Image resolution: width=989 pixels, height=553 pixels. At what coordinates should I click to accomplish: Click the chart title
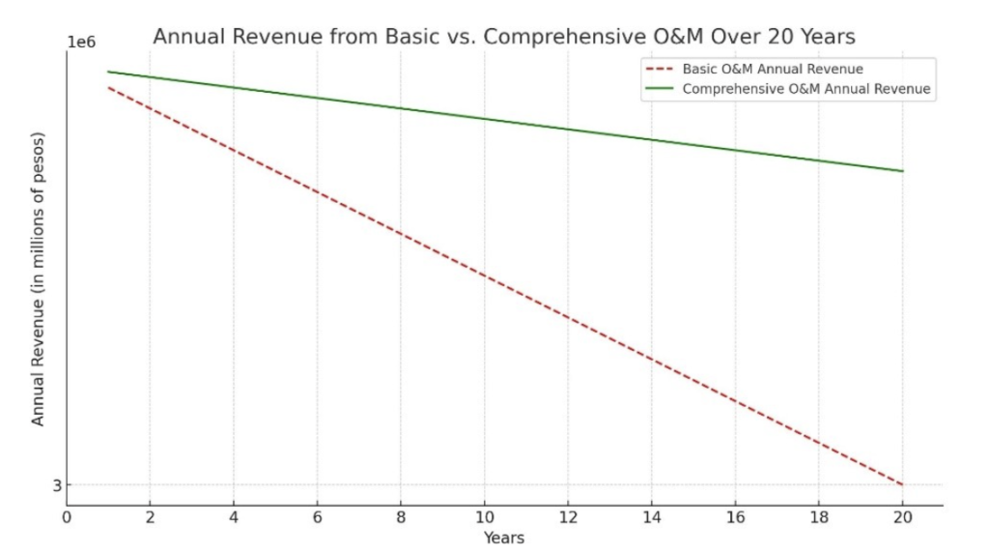tap(504, 37)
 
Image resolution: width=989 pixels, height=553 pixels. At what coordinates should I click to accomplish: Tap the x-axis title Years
tap(504, 538)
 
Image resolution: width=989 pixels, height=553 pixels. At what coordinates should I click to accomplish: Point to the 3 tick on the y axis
tap(57, 485)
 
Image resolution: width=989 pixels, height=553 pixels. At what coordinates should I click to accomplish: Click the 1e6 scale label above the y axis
tap(81, 43)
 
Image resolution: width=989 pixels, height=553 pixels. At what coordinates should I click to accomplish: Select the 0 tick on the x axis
tap(67, 517)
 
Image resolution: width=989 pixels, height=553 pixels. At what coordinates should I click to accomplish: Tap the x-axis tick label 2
tap(150, 517)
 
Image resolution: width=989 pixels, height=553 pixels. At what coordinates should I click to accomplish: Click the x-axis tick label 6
tap(317, 517)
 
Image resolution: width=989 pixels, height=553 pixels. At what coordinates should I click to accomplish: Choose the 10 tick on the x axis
tap(485, 517)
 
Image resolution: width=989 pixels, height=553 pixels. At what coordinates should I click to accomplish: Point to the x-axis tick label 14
tap(652, 517)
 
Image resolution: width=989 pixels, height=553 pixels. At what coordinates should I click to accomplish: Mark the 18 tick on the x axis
tap(819, 517)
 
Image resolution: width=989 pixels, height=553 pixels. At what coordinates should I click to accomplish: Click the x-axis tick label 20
tap(903, 517)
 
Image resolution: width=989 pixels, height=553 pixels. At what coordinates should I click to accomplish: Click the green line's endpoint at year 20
tap(903, 171)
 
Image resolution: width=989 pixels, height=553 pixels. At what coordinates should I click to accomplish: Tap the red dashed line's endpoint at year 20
tap(903, 484)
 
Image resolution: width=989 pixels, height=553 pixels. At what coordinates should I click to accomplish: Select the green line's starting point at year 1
tap(108, 72)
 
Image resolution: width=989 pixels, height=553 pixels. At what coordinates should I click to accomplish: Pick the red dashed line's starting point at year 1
tap(108, 88)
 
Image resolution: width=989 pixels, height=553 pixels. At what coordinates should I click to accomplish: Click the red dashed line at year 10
tap(485, 276)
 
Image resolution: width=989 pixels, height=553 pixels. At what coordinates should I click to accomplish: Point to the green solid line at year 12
tap(568, 130)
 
